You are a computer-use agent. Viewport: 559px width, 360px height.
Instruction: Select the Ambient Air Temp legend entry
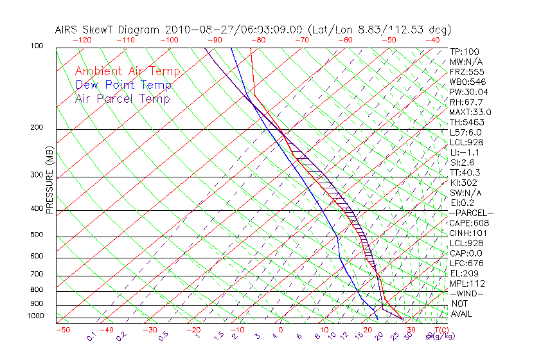coord(127,71)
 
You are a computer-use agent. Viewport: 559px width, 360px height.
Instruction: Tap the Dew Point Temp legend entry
coord(123,85)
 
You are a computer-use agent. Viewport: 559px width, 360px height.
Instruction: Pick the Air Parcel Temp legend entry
coord(122,98)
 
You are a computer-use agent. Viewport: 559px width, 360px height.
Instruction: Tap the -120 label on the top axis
coord(82,40)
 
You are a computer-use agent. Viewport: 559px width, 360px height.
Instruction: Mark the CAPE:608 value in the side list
coord(468,223)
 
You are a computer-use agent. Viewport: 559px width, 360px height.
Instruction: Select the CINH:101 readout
coord(468,233)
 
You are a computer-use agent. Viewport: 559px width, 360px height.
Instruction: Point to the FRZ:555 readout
coord(466,71)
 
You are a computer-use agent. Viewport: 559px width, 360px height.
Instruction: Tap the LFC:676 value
coord(466,264)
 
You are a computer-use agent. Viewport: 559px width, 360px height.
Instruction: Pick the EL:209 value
coord(464,273)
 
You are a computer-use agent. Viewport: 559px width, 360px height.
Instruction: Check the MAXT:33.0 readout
coord(471,112)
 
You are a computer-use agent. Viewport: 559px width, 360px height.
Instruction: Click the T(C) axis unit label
coord(439,330)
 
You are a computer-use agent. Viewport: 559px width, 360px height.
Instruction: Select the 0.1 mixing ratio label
coord(91,336)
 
